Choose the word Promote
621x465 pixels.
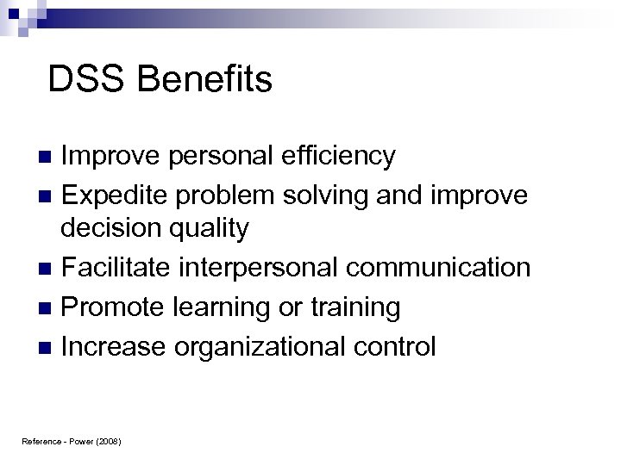110,307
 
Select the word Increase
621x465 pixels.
114,346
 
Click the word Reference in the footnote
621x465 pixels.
39,441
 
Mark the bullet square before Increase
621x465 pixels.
48,348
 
